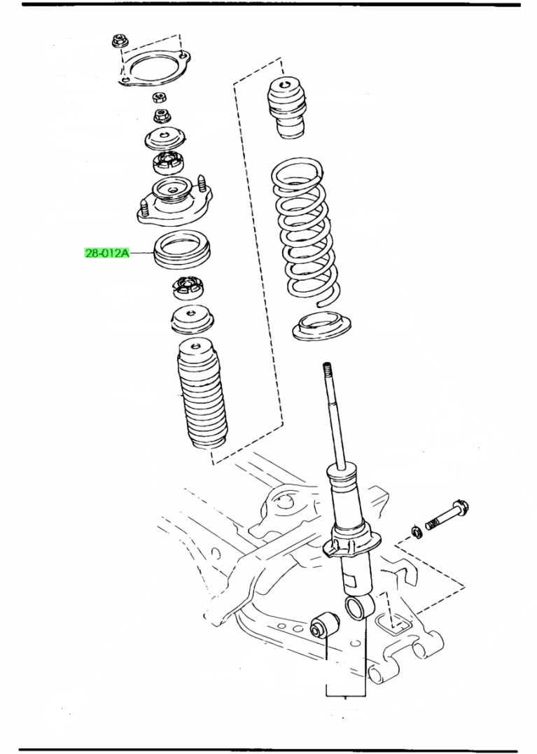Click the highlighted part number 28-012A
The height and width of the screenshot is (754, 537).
tap(107, 253)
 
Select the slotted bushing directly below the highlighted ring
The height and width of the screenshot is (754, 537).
tap(187, 288)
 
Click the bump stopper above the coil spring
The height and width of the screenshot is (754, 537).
tap(288, 108)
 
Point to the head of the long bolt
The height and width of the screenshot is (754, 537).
tap(461, 507)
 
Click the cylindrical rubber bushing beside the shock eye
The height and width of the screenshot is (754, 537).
tap(323, 622)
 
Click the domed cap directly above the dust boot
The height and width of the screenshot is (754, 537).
tap(192, 319)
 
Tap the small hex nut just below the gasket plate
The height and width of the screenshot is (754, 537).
tap(159, 97)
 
